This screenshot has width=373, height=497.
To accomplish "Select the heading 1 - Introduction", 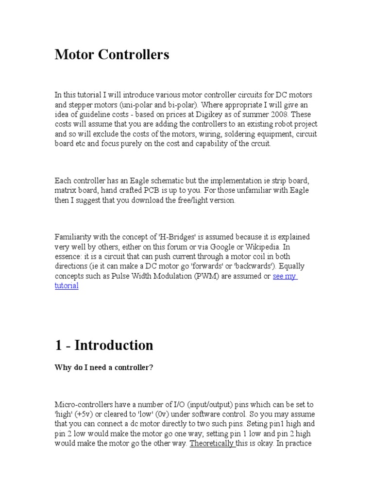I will [x=103, y=345].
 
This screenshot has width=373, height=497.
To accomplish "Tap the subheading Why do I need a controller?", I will [x=104, y=367].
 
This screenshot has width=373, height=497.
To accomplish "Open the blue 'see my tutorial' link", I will [x=285, y=276].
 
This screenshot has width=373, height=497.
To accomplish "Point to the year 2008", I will [x=281, y=115].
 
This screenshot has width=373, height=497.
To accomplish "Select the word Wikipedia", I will [x=271, y=247].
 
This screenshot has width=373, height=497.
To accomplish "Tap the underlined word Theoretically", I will [x=212, y=443].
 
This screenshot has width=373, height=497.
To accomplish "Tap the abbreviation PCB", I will [x=148, y=191].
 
